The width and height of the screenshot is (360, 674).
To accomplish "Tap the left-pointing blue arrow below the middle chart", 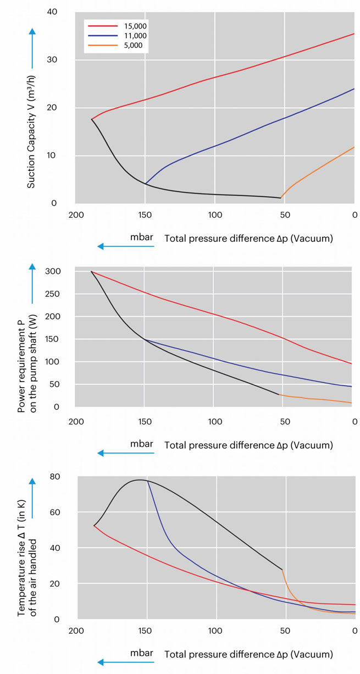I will click(125, 454).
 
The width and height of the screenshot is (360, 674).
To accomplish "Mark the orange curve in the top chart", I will click(319, 170).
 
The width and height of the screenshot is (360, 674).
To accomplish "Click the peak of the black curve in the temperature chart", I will click(140, 480).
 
